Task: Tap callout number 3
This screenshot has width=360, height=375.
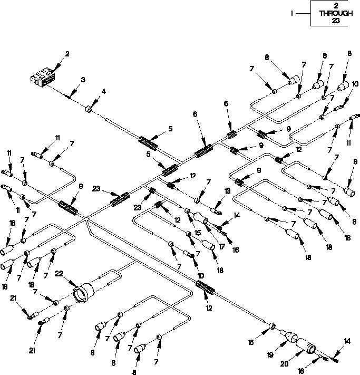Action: pos(83,80)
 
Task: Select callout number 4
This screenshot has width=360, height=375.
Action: pos(103,91)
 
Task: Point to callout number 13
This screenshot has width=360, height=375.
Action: pos(227,191)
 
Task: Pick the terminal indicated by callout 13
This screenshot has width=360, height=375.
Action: pos(216,211)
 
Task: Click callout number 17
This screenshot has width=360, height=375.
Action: pos(221,247)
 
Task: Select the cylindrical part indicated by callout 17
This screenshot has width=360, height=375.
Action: pos(201,218)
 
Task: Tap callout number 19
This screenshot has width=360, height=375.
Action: pos(270,354)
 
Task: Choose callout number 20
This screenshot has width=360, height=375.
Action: pos(285,364)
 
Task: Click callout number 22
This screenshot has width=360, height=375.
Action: pos(59,273)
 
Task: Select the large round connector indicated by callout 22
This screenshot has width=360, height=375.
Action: pos(83,293)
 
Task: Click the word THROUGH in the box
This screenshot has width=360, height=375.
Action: pos(336,13)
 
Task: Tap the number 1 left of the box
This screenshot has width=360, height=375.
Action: pos(291,13)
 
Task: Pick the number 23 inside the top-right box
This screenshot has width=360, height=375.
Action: pos(336,21)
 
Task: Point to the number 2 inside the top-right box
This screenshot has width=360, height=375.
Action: pos(336,6)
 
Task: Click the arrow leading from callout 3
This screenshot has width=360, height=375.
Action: pos(74,90)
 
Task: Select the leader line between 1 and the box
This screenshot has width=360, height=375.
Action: pos(303,13)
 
